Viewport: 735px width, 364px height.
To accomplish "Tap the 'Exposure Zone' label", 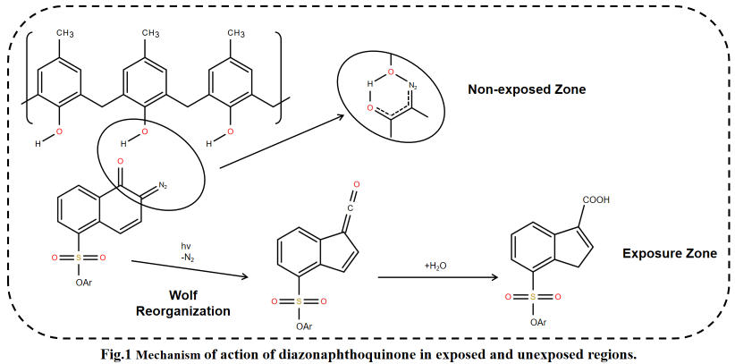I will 669,254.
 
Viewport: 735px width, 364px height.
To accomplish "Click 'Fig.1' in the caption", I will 117,354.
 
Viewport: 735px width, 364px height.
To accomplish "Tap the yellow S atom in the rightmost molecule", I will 534,297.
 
